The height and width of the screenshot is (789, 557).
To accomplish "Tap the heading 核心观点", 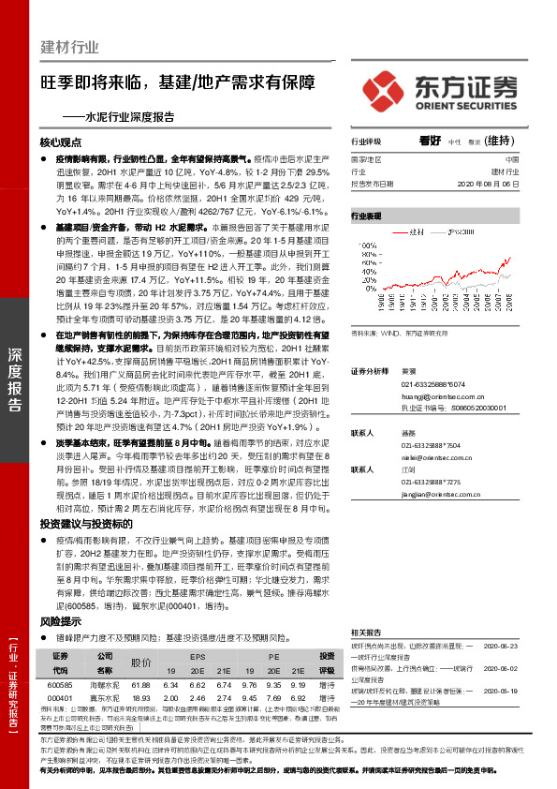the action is [61, 142].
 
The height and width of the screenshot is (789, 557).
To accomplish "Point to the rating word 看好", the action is [431, 141].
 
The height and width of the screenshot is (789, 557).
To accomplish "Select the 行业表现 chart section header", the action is [367, 216].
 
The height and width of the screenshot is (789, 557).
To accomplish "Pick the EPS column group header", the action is [198, 657].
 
